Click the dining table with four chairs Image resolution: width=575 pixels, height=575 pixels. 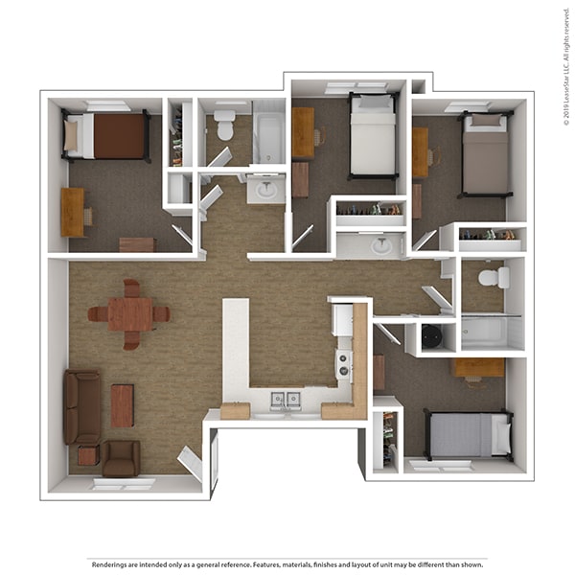pos(129,314)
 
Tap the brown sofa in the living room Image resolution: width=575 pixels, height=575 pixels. pos(82,406)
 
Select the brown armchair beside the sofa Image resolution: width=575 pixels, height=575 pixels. pos(121,459)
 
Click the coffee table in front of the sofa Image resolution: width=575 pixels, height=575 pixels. pos(122,405)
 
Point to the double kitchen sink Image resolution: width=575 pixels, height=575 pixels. pos(286,401)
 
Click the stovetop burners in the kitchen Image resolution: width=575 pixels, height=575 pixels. pos(344,364)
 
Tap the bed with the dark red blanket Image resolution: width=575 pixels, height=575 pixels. pos(106,136)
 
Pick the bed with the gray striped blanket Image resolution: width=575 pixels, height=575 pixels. pos(469,434)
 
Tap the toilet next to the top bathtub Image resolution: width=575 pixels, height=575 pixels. pos(224,125)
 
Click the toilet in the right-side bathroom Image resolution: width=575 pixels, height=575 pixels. pos(494,278)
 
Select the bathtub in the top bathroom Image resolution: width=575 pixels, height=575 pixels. pos(269,136)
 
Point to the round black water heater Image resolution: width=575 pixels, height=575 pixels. pos(430,336)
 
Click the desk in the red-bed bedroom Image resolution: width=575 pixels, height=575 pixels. pos(73,212)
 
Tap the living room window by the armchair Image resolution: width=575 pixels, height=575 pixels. pos(123,484)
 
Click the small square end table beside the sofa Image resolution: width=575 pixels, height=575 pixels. pos(89,455)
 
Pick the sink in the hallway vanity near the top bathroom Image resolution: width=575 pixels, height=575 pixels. pos(266,189)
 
